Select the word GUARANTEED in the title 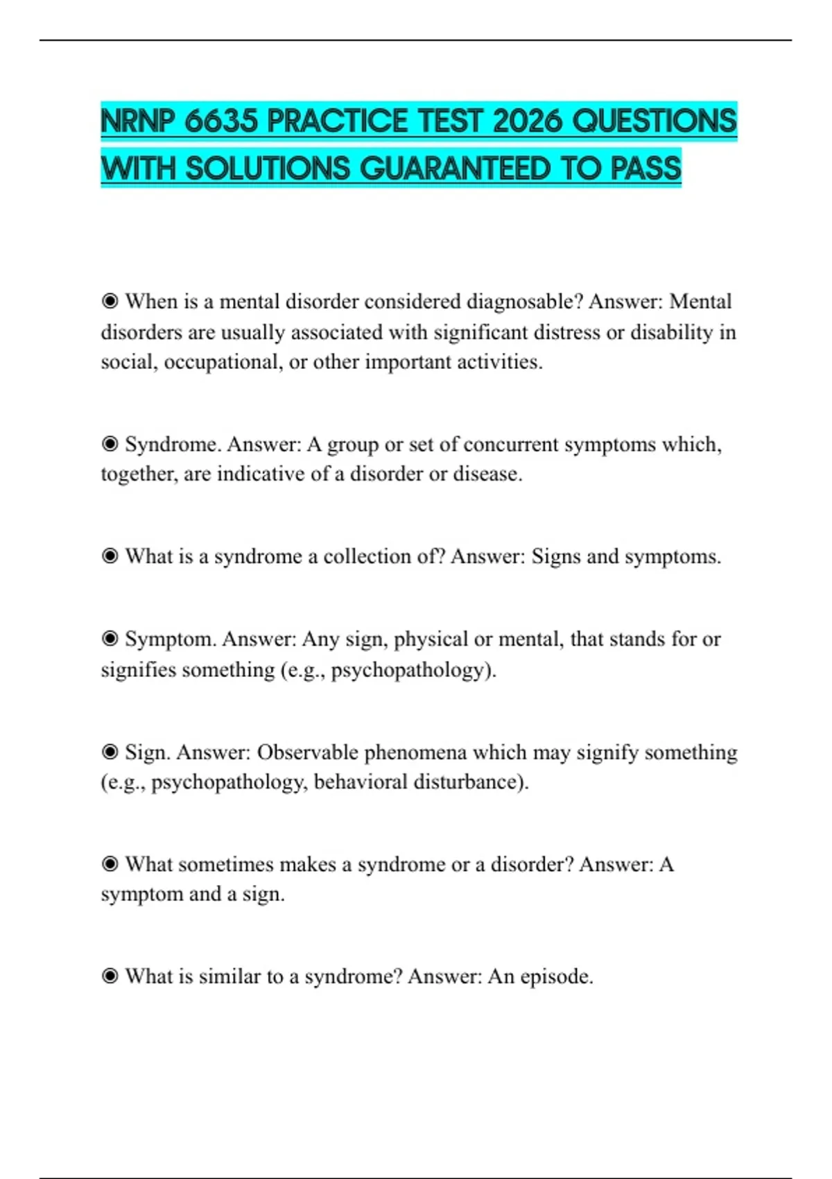click(x=456, y=169)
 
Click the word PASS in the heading click(x=645, y=169)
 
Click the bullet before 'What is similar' click(x=110, y=976)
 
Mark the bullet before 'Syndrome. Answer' click(x=110, y=444)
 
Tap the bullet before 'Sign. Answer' click(x=110, y=752)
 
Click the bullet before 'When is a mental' click(x=110, y=301)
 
